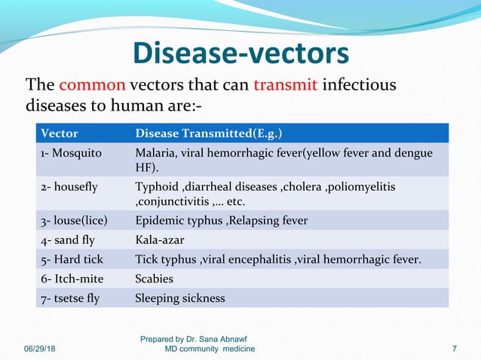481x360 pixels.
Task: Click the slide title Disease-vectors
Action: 240,53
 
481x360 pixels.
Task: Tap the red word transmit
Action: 286,84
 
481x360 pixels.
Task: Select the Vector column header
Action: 59,134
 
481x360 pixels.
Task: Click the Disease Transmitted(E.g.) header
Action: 209,134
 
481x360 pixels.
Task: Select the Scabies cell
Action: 154,279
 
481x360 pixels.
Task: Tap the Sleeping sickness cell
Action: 179,298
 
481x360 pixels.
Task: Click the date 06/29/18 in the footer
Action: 43,349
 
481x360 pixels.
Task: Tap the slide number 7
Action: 454,349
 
